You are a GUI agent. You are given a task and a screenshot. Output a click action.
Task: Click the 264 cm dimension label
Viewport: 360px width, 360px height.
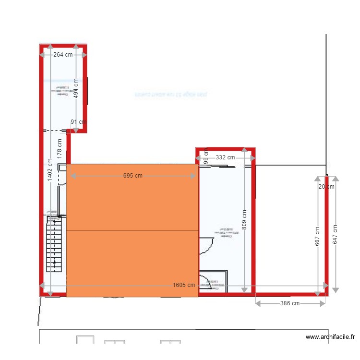[63, 55]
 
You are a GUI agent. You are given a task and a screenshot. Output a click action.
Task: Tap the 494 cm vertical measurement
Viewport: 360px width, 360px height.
[76, 87]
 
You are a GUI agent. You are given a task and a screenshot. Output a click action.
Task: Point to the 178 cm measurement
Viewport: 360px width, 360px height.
[60, 148]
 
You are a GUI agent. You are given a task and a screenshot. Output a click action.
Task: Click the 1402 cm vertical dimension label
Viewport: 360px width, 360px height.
[50, 170]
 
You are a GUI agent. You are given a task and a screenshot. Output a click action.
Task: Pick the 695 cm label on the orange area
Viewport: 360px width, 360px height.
[133, 176]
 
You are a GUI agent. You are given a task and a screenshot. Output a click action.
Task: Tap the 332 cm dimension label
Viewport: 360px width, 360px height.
[225, 157]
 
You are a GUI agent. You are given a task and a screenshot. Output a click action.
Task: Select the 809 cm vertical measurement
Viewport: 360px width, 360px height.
[244, 220]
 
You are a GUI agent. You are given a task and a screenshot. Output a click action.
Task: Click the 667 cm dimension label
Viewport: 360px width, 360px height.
[317, 236]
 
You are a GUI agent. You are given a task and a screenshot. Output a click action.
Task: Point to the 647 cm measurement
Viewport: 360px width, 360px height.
[335, 235]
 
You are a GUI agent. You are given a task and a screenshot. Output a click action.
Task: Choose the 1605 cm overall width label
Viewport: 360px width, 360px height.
[184, 285]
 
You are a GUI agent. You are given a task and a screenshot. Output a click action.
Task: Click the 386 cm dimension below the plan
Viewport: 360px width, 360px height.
[289, 303]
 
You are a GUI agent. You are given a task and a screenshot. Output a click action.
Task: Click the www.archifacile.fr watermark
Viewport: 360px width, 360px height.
[330, 337]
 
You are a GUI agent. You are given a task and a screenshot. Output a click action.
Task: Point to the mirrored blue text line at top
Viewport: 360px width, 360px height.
[170, 95]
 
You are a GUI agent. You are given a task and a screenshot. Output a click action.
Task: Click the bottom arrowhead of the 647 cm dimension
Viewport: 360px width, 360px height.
[335, 290]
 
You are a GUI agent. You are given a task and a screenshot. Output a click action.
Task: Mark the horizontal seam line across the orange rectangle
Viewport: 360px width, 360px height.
[132, 231]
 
